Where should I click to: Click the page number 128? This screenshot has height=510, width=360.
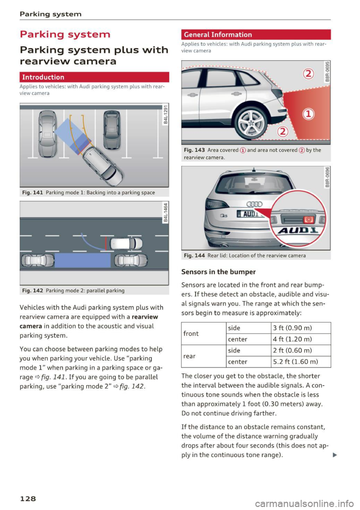click(28, 498)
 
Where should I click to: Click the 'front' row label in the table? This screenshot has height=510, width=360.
click(191, 334)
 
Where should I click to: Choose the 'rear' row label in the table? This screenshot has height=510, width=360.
click(189, 356)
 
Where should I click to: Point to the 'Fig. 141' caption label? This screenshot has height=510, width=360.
click(33, 193)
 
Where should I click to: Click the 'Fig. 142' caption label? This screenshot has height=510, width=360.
click(33, 290)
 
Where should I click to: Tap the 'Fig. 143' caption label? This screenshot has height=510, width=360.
click(194, 150)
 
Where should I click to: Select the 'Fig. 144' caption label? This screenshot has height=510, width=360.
click(194, 256)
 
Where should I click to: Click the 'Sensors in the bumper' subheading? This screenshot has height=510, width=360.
click(218, 272)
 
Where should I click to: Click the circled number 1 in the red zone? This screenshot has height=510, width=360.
click(308, 114)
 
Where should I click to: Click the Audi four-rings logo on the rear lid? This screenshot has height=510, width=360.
click(254, 204)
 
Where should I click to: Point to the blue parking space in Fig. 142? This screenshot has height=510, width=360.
click(82, 260)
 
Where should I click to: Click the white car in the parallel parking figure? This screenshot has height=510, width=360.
click(126, 244)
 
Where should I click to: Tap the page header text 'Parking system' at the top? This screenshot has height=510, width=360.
click(51, 14)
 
